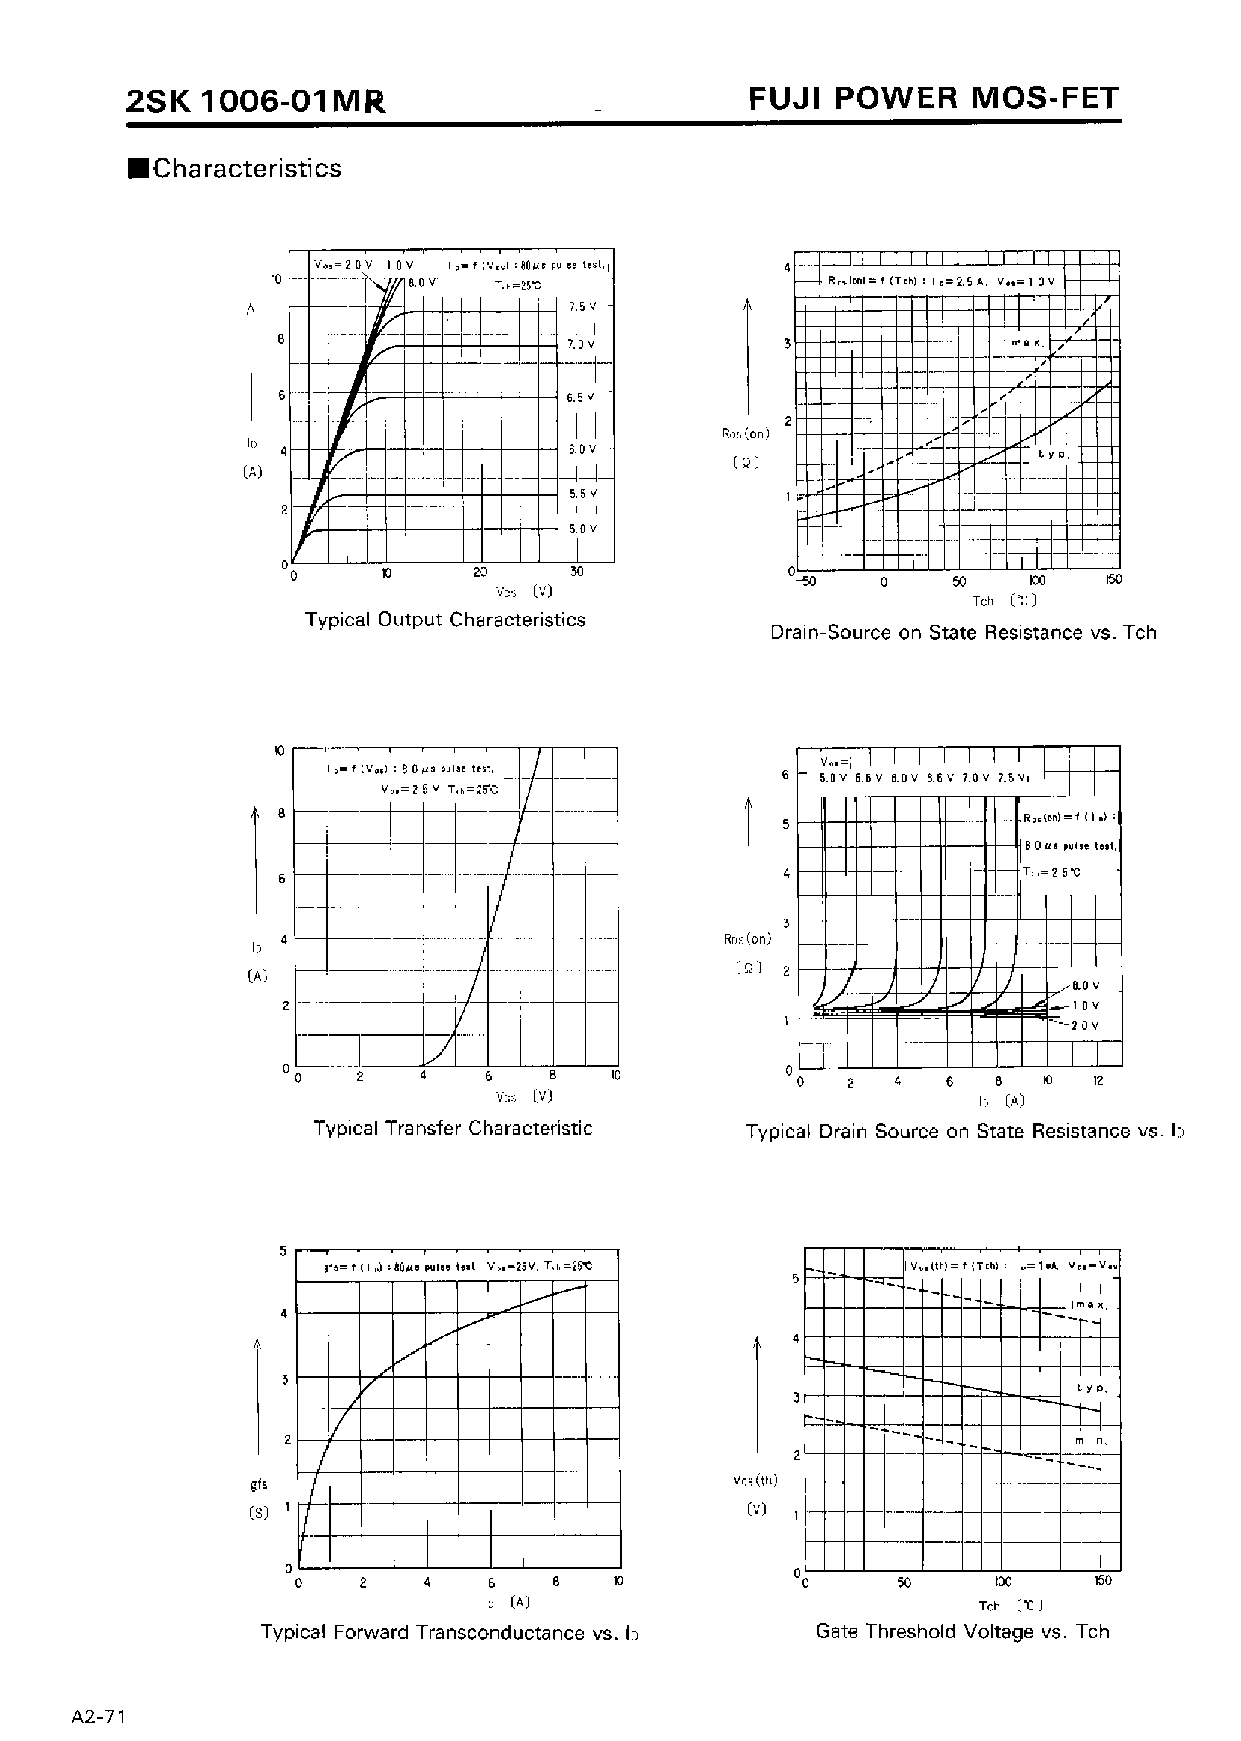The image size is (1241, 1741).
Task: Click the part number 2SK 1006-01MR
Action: pyautogui.click(x=255, y=101)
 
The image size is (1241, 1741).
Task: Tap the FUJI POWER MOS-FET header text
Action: pyautogui.click(x=933, y=98)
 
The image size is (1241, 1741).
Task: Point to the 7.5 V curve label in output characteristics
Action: pyautogui.click(x=582, y=306)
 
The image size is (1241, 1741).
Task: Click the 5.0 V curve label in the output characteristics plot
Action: pyautogui.click(x=582, y=528)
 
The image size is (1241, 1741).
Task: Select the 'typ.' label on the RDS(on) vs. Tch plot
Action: pyautogui.click(x=1054, y=454)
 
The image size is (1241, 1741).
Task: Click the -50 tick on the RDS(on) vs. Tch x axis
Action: pyautogui.click(x=806, y=581)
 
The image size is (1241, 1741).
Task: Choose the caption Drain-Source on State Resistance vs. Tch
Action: pyautogui.click(x=963, y=632)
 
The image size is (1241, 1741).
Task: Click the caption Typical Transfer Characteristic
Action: pyautogui.click(x=452, y=1128)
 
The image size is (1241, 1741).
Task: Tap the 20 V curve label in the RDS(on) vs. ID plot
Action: pyautogui.click(x=1085, y=1025)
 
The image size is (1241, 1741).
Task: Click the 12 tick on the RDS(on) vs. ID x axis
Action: pyautogui.click(x=1098, y=1081)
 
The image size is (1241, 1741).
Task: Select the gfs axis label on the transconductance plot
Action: pyautogui.click(x=258, y=1484)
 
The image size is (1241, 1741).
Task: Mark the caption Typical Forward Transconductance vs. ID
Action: pyautogui.click(x=449, y=1632)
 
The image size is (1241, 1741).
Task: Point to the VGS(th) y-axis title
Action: pyautogui.click(x=755, y=1480)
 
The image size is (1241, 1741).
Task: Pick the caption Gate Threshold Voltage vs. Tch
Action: pyautogui.click(x=962, y=1632)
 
